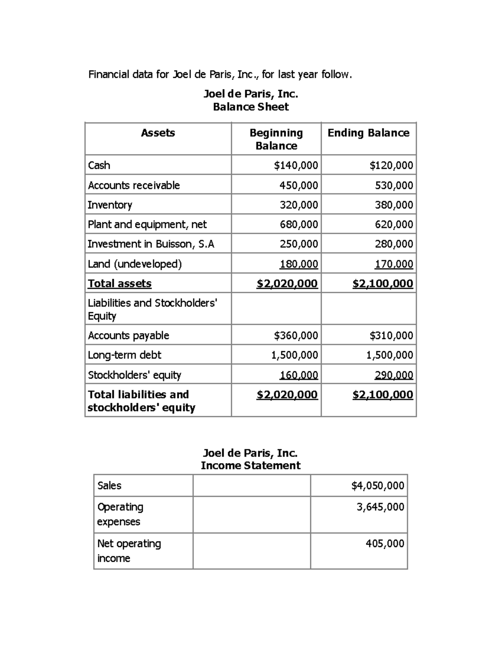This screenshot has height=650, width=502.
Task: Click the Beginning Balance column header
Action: tap(276, 139)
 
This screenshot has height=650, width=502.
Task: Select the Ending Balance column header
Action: tap(368, 133)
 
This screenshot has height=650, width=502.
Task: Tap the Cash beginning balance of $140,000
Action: tap(296, 165)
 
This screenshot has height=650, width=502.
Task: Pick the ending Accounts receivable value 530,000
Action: tap(394, 185)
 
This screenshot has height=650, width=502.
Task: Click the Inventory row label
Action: tap(110, 205)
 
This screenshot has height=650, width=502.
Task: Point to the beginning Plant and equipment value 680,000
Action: tap(299, 225)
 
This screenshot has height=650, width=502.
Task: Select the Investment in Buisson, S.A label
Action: tap(151, 244)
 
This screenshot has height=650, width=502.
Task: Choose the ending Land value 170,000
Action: tap(394, 264)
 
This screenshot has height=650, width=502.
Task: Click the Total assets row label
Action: tap(120, 284)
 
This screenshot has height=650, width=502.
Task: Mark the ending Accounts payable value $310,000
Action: tap(391, 336)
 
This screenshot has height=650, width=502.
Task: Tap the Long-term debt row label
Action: tap(125, 355)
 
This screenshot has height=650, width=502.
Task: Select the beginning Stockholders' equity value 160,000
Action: tap(299, 375)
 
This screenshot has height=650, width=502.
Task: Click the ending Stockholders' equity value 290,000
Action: tap(394, 375)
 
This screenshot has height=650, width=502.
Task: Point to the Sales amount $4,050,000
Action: tap(378, 486)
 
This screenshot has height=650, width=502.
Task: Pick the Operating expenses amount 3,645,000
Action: tap(380, 507)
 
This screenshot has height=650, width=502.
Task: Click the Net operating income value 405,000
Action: tap(385, 544)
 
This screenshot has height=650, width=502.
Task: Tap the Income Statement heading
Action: tap(251, 466)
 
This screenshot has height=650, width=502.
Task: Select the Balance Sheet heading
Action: tap(251, 107)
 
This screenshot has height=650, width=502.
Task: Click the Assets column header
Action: tap(158, 133)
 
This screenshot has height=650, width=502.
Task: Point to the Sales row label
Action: tap(109, 486)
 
